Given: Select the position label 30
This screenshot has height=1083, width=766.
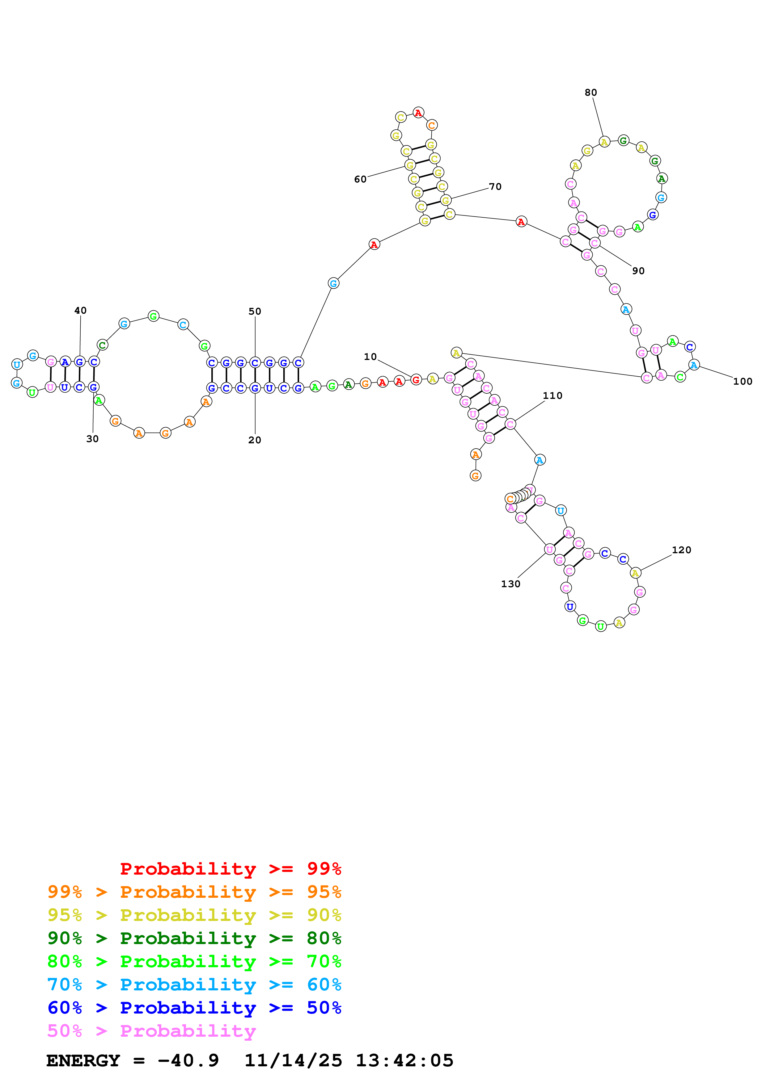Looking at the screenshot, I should [92, 439].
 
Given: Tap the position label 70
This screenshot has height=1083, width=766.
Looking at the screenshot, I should [495, 187].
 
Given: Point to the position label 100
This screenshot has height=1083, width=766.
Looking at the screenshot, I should [743, 382].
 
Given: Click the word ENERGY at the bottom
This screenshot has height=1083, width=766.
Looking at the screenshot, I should [83, 1061].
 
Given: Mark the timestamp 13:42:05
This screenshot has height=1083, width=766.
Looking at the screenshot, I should [404, 1061].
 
